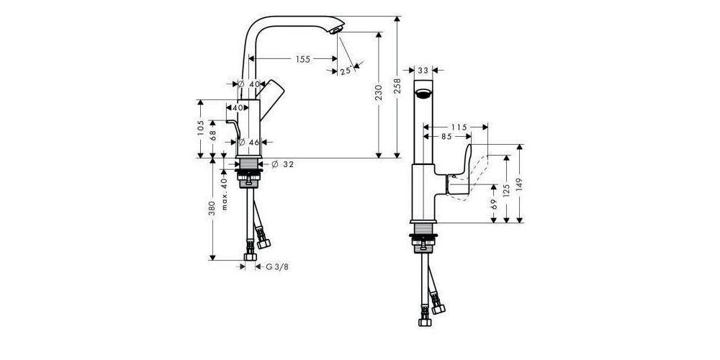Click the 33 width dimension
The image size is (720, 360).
(x=423, y=71)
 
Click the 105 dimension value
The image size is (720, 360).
(x=200, y=128)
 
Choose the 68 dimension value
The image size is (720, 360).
(x=214, y=135)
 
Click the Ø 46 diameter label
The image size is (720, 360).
(x=249, y=143)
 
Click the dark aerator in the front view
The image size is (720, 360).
(x=423, y=93)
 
